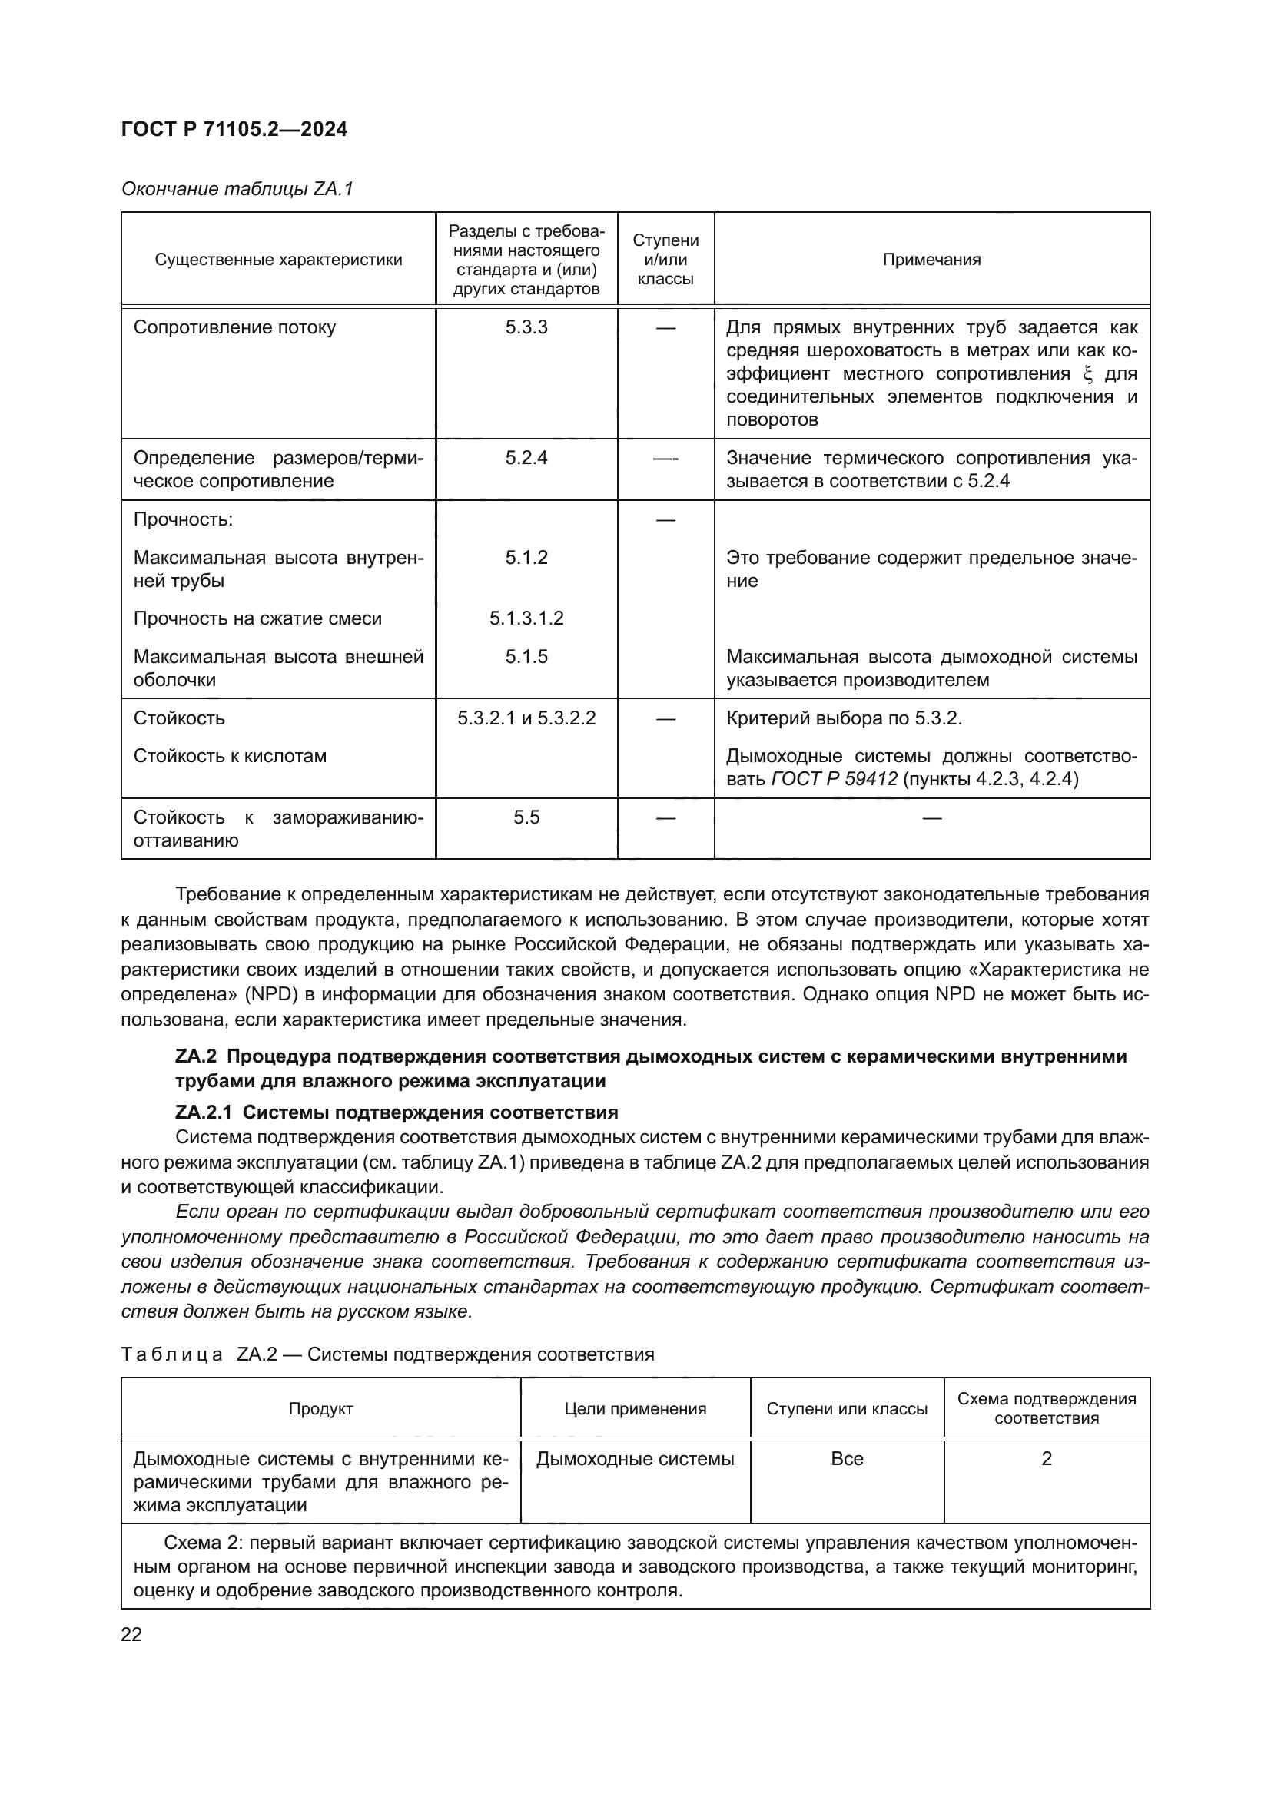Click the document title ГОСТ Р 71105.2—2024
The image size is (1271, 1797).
(x=234, y=129)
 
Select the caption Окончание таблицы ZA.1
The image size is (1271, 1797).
(x=237, y=189)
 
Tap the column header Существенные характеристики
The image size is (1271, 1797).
(x=278, y=260)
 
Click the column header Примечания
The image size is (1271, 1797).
(x=931, y=260)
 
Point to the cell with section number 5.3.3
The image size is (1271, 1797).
(x=526, y=327)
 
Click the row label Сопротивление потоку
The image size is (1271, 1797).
(x=234, y=327)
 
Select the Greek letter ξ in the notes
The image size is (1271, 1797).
(x=1087, y=373)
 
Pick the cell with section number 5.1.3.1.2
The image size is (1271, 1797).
(x=526, y=618)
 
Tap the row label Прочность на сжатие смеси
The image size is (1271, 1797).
(x=257, y=618)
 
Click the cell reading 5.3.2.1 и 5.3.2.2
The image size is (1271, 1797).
(x=526, y=718)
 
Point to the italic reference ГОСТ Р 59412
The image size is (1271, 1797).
(x=835, y=779)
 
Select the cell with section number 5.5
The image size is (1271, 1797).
(x=526, y=817)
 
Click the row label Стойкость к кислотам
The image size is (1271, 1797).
(x=229, y=756)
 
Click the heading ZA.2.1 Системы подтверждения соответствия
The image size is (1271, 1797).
(x=397, y=1112)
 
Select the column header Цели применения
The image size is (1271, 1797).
(x=635, y=1409)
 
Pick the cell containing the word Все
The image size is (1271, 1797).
(x=847, y=1459)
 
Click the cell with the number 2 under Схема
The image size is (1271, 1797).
(x=1047, y=1459)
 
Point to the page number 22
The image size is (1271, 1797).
(x=131, y=1634)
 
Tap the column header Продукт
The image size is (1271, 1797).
(x=321, y=1409)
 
